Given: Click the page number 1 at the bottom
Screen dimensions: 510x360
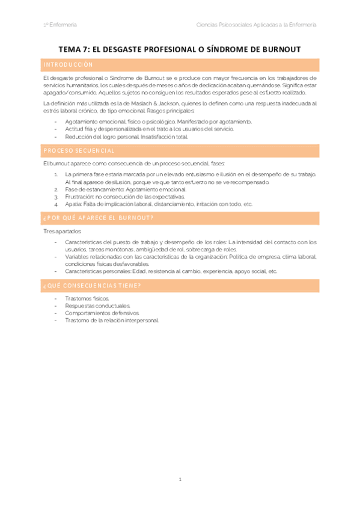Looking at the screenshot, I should [180, 480].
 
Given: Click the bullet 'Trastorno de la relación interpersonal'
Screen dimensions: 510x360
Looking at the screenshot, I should [111, 320].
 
